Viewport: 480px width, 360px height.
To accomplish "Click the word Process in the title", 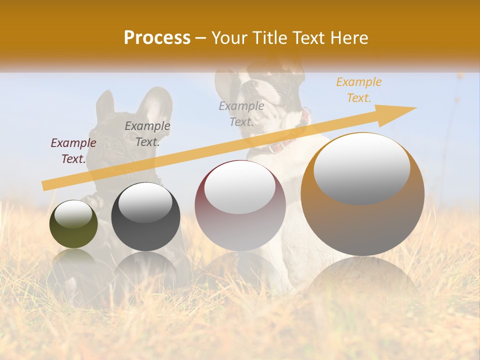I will click(x=157, y=38).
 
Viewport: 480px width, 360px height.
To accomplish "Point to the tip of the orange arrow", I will click(x=415, y=108).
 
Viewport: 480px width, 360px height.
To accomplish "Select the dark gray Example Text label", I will click(x=147, y=134).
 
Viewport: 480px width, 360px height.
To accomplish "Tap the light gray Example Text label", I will click(x=241, y=114).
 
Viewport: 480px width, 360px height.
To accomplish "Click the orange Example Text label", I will click(x=358, y=90).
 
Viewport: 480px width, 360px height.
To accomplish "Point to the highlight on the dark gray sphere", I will click(x=145, y=202).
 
